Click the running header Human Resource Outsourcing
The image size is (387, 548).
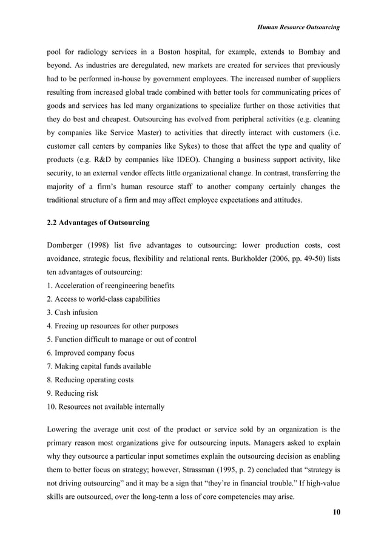point(298,27)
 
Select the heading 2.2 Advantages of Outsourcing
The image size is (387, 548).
point(98,223)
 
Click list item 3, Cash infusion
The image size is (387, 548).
point(72,313)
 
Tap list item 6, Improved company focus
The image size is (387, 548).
point(90,353)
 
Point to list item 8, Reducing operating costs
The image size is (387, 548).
point(90,380)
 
